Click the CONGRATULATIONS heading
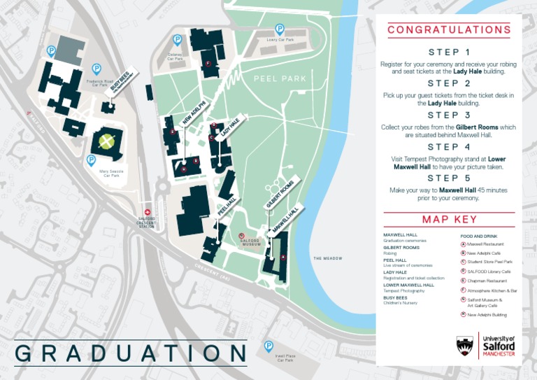click(449, 30)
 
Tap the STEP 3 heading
click(449, 115)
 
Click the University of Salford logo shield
click(465, 345)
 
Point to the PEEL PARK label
click(280, 79)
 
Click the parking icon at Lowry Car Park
click(280, 29)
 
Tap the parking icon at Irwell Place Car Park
click(268, 346)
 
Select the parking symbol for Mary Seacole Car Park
click(91, 160)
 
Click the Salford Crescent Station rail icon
click(147, 211)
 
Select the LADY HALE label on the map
click(230, 127)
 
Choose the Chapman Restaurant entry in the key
click(487, 281)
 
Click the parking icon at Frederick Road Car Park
click(96, 69)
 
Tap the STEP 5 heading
click(449, 178)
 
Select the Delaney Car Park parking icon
click(178, 41)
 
